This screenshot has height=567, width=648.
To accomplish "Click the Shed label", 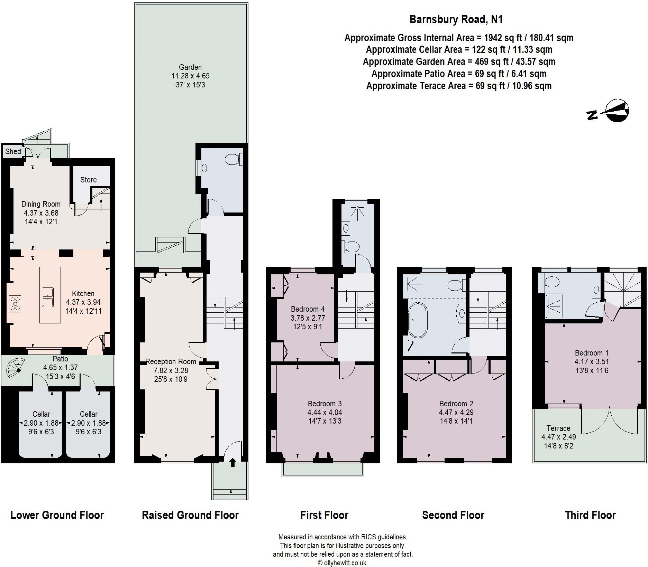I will tap(13, 151).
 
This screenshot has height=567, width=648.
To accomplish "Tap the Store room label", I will tap(88, 180).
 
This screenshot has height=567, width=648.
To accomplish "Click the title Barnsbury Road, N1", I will tap(456, 19).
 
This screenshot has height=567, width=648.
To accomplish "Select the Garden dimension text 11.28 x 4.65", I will tap(190, 76).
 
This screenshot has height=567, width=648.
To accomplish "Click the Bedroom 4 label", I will tap(308, 309).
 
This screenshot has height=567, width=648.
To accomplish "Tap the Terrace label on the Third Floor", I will tap(558, 428).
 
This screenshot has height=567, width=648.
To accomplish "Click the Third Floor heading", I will tap(590, 515).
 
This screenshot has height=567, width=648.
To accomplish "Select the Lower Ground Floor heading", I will tap(57, 515).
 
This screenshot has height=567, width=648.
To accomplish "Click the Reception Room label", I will tap(171, 361).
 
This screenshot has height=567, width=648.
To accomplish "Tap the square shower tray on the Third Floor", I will tap(554, 305).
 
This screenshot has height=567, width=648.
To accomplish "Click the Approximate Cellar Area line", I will tap(459, 50).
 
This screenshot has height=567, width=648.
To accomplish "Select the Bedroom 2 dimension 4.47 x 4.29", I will tap(456, 412).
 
